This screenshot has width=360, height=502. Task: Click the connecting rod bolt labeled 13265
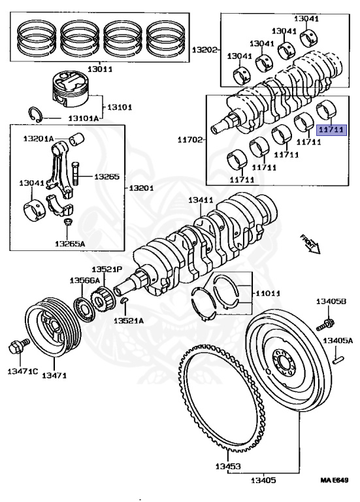point(75,172)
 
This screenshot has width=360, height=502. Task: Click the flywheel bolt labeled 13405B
point(326,324)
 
